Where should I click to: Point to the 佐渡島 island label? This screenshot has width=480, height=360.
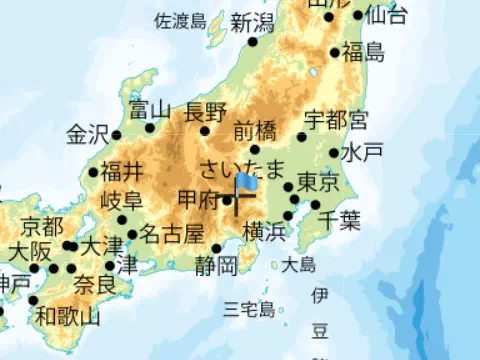coord(180,21)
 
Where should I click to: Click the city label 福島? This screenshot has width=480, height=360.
coord(362,52)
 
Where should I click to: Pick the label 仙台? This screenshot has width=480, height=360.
coord(386,14)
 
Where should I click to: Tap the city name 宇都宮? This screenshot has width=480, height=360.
coord(336,120)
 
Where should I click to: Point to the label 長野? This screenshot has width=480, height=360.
coord(205,111)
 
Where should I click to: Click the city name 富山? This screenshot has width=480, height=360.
coord(151,109)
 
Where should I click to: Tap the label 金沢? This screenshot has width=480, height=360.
coord(87,134)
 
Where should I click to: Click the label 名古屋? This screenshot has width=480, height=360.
coord(171,234)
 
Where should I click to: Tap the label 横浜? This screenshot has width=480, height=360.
coord(265,232)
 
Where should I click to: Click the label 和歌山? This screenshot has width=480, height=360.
coord(67,318)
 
